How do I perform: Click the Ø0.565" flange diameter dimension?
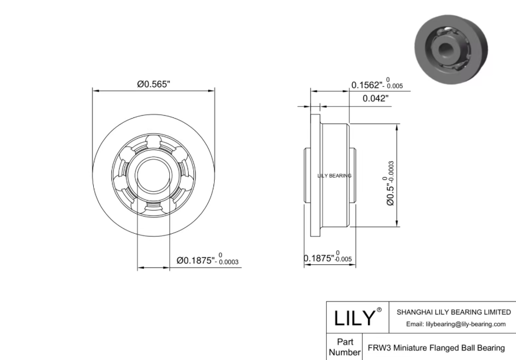point(153,84)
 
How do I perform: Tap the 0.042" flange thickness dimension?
point(376,98)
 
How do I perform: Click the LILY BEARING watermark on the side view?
point(334,176)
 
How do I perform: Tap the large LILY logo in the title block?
point(355,318)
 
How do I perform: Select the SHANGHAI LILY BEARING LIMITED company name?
point(454,312)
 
